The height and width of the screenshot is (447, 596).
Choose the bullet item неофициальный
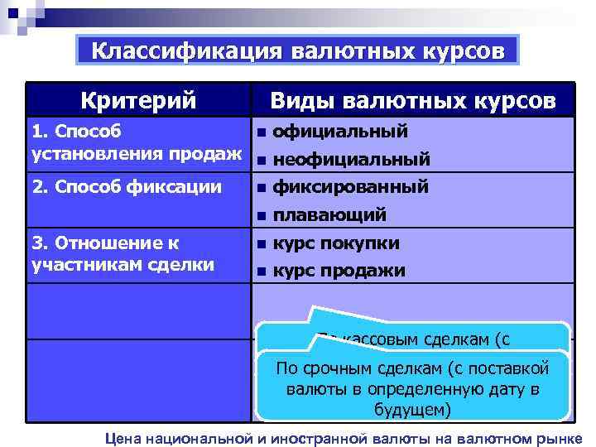pyautogui.click(x=351, y=158)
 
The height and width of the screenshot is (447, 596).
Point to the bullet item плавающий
pyautogui.click(x=329, y=215)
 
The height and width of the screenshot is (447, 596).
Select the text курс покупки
pyautogui.click(x=336, y=243)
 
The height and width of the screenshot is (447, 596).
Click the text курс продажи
pyautogui.click(x=339, y=270)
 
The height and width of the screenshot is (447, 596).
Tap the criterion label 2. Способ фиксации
pyautogui.click(x=126, y=187)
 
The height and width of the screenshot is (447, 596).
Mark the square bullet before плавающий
pyautogui.click(x=261, y=216)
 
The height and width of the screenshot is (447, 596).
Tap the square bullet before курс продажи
pyautogui.click(x=261, y=272)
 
